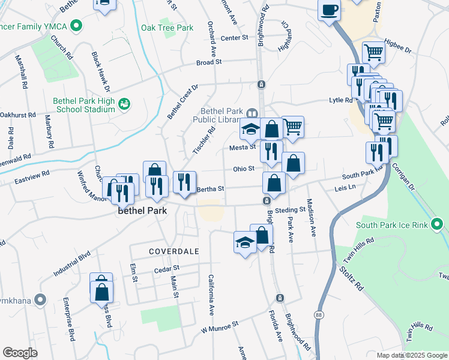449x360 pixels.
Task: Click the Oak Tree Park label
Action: (167, 28)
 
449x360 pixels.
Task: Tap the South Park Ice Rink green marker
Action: (437, 226)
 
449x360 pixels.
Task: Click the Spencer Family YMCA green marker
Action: (75, 26)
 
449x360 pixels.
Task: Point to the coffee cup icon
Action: (330, 10)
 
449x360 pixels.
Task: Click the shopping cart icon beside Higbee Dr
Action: (373, 53)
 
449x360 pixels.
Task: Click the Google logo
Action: (20, 353)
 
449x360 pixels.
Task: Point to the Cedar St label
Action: (167, 268)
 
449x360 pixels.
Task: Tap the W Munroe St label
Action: (220, 326)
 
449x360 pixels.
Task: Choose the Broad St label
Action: (209, 62)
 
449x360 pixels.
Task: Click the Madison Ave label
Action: (311, 219)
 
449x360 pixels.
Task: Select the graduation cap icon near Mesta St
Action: (250, 130)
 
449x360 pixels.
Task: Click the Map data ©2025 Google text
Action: (411, 355)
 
